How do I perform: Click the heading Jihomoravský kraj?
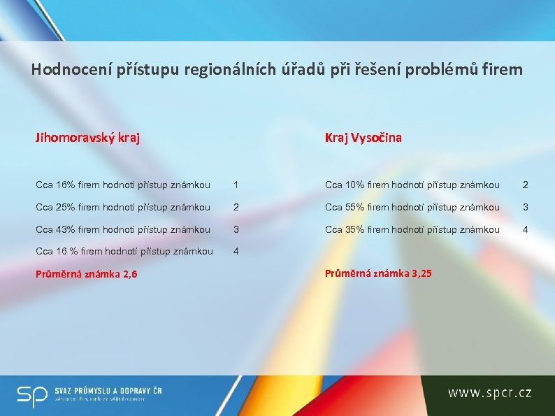click(87, 138)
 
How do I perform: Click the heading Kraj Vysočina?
click(363, 138)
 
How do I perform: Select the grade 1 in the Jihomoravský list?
click(236, 185)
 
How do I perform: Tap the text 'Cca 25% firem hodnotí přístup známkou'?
click(123, 208)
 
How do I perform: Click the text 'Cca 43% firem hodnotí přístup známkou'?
click(123, 229)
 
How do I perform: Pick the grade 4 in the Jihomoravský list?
click(236, 252)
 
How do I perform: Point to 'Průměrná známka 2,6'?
click(86, 274)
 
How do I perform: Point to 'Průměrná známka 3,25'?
click(378, 273)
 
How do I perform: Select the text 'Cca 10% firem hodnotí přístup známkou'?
click(412, 185)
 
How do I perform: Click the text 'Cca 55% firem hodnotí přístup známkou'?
click(412, 208)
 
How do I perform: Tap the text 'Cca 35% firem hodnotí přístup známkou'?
click(412, 229)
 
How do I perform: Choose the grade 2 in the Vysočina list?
click(526, 185)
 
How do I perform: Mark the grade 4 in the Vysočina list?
click(526, 229)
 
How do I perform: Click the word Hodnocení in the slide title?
click(65, 70)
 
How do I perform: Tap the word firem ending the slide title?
click(503, 70)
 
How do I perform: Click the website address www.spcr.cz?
click(490, 394)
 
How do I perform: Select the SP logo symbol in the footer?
click(32, 395)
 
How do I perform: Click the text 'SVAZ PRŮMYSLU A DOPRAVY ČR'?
click(108, 390)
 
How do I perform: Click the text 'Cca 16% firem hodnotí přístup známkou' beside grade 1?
click(123, 185)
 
